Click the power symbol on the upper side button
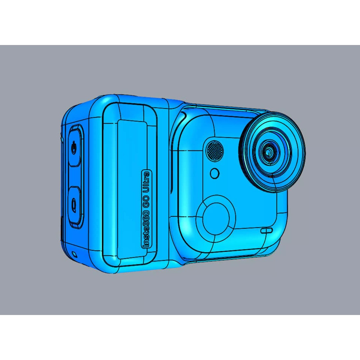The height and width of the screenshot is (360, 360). pyautogui.click(x=74, y=147)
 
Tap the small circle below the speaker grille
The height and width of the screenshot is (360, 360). pyautogui.click(x=215, y=173)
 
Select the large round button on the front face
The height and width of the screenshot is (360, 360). pyautogui.click(x=216, y=216)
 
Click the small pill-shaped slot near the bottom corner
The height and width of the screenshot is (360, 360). pyautogui.click(x=266, y=230)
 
